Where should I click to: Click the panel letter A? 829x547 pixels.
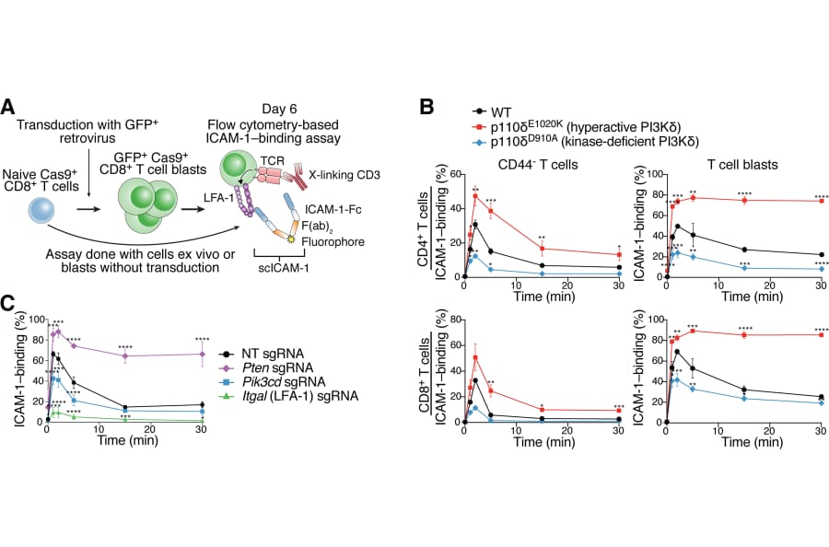tap(8, 106)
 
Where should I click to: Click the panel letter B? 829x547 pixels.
tap(428, 106)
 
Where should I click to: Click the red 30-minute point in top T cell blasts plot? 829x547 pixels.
tap(820, 201)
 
